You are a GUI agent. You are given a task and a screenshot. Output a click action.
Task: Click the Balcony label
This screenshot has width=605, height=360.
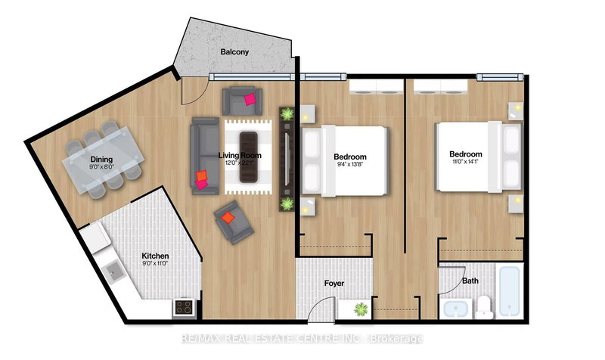pos(236,53)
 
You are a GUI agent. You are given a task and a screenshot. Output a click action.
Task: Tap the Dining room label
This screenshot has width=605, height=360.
pos(102,160)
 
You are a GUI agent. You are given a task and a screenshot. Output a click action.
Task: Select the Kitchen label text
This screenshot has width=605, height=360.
pos(155,256)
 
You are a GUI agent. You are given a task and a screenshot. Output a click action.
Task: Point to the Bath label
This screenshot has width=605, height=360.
pos(470,281)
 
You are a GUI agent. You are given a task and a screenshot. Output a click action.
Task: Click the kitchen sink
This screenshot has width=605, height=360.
pos(115,271)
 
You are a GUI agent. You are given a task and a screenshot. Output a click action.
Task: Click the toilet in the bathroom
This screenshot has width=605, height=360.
pos(485,306)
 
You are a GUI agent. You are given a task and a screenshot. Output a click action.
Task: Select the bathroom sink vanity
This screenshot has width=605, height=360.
pos(455,308)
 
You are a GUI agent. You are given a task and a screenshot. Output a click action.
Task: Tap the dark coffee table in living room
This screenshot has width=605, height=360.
pos(248,157)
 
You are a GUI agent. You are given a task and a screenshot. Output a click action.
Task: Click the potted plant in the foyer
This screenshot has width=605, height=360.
pos(360,308)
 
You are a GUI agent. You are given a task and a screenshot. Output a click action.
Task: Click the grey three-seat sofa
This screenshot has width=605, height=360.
pos(203,156)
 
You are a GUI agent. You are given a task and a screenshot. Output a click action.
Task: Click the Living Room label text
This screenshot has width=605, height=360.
pos(239,156)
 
